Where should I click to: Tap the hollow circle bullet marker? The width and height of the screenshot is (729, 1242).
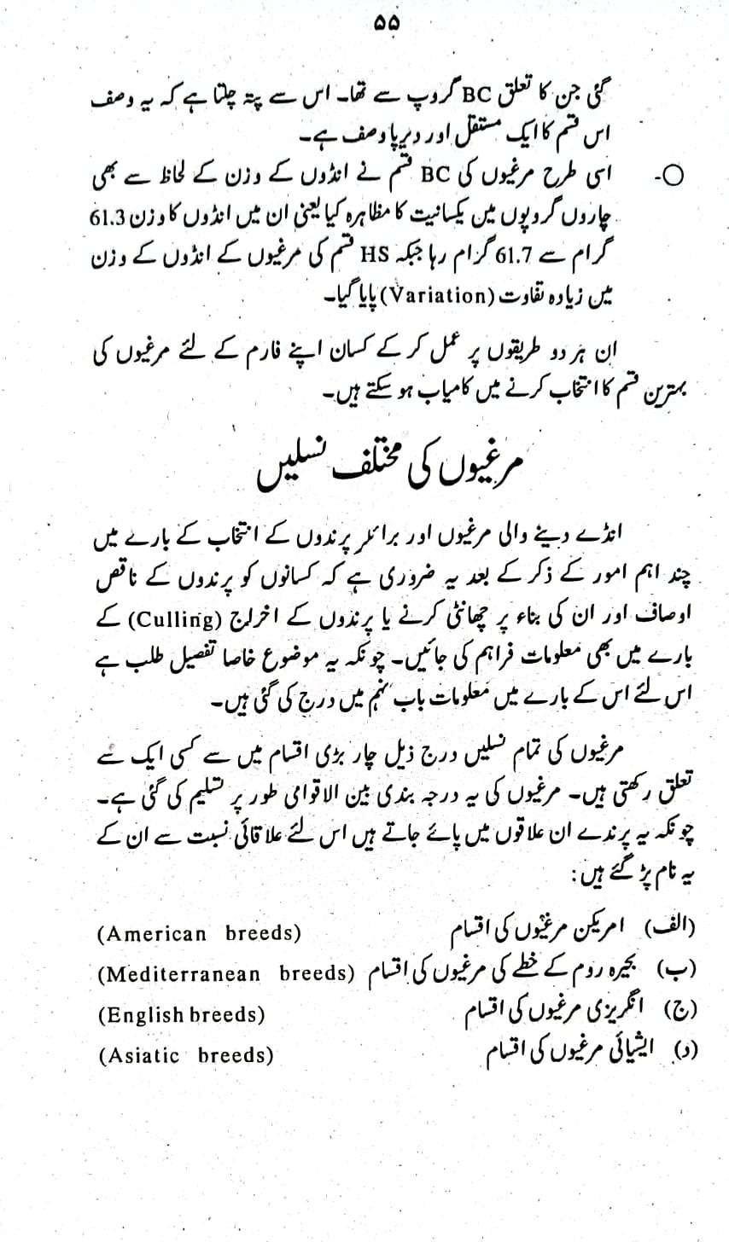pos(674,176)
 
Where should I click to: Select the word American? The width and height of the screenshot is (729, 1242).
pos(153,934)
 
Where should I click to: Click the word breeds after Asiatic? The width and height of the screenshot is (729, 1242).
pos(235,1056)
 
